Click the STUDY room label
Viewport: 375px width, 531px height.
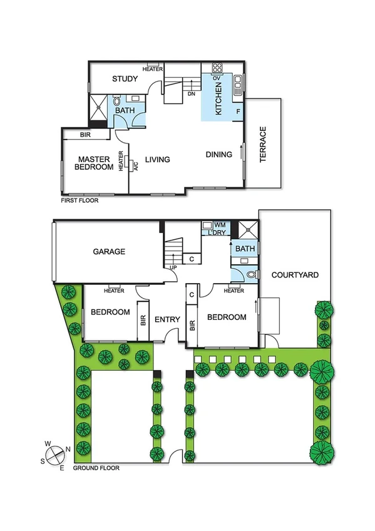click(x=125, y=78)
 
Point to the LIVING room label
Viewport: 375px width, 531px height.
click(x=157, y=160)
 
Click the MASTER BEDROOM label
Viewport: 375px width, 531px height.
click(x=93, y=163)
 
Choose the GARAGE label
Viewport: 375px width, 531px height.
click(x=110, y=251)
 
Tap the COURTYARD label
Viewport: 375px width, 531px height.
click(x=295, y=275)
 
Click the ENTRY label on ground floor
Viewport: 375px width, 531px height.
click(x=167, y=319)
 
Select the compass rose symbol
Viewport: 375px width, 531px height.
click(x=55, y=453)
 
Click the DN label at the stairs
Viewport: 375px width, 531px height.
click(x=192, y=94)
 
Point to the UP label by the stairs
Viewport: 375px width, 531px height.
click(x=172, y=268)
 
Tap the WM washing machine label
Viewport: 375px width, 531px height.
click(x=220, y=224)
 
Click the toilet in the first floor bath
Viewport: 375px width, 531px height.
click(x=116, y=101)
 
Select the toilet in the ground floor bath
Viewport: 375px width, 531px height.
click(x=250, y=274)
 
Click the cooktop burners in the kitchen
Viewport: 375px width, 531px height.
click(x=217, y=68)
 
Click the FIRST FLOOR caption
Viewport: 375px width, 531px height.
click(x=79, y=200)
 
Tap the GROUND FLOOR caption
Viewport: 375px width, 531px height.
click(x=96, y=468)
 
